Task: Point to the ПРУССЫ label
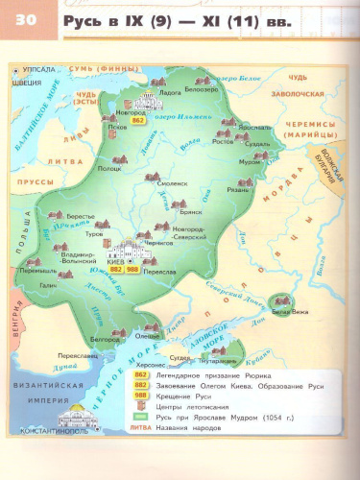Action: [36, 178]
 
